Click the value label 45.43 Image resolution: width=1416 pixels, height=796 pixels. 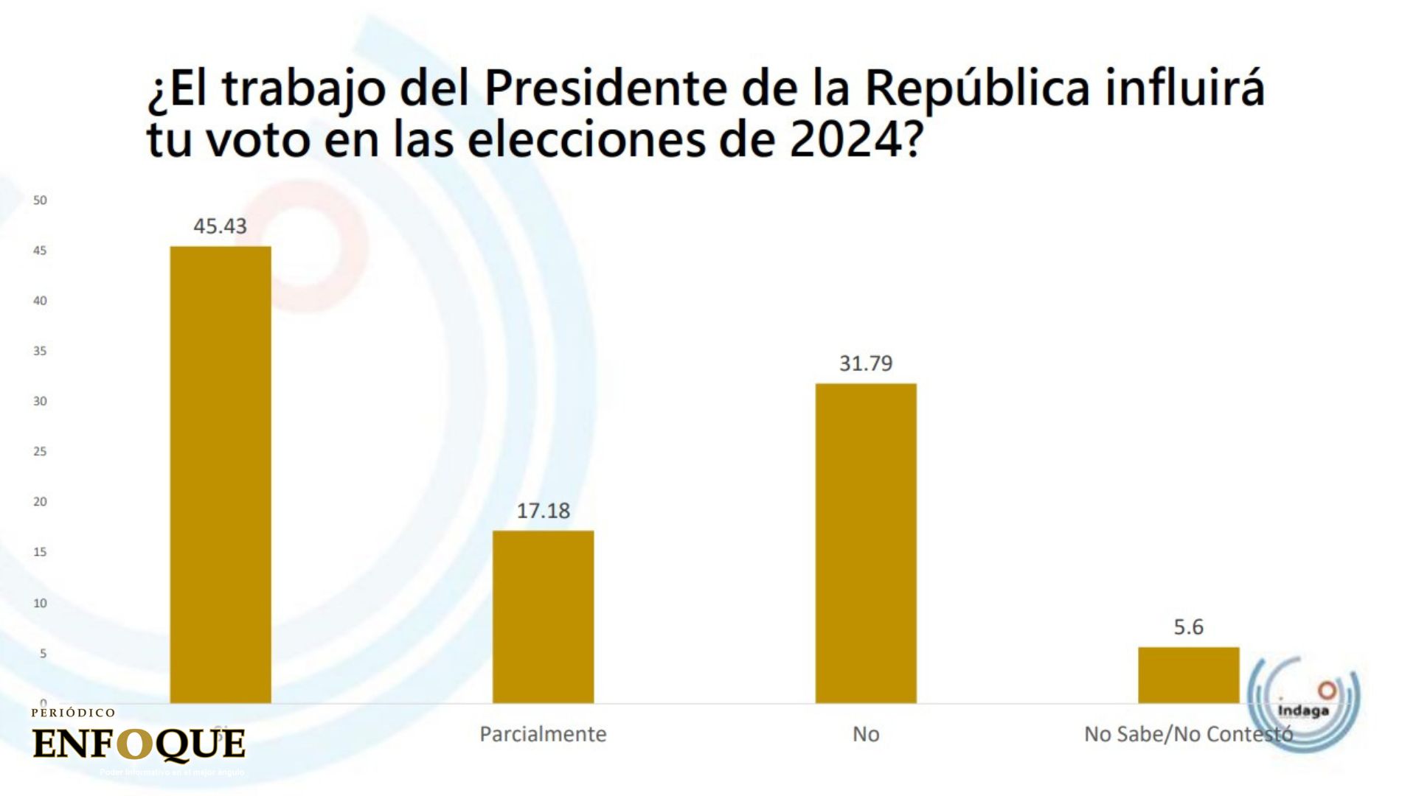pyautogui.click(x=220, y=226)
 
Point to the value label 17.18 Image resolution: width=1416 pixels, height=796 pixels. pyautogui.click(x=543, y=511)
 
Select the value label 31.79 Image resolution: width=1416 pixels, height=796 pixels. pyautogui.click(x=866, y=363)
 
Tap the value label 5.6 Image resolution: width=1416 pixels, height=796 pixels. pyautogui.click(x=1188, y=627)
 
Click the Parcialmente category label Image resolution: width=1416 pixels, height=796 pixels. pyautogui.click(x=543, y=734)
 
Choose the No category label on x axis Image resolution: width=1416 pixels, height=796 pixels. pyautogui.click(x=866, y=734)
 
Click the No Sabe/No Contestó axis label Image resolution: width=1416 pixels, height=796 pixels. pyautogui.click(x=1187, y=734)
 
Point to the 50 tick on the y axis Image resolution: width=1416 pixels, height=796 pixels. pyautogui.click(x=40, y=200)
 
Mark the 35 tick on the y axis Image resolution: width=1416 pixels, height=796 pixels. pyautogui.click(x=40, y=351)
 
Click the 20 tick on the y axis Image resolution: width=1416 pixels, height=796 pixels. pyautogui.click(x=40, y=502)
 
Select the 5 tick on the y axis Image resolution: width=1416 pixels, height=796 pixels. pyautogui.click(x=43, y=654)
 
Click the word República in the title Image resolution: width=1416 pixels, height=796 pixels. pyautogui.click(x=977, y=89)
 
